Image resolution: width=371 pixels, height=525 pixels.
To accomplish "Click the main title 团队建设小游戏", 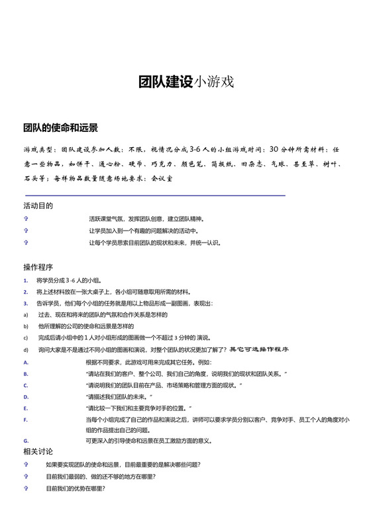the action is [185, 82].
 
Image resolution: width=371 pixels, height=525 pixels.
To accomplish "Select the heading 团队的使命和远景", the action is [60, 127].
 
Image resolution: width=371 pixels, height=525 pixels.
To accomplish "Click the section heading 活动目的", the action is [38, 205].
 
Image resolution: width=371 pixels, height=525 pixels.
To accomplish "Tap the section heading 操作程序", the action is [38, 267].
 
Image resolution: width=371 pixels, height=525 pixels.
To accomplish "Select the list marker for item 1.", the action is [25, 281].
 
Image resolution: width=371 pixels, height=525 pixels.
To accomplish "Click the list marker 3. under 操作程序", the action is [25, 304].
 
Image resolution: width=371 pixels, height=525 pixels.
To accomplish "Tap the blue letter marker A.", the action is [25, 363].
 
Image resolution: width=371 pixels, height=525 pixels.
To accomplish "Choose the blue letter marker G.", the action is [25, 441].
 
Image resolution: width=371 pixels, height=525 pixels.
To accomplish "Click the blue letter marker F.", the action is [25, 420].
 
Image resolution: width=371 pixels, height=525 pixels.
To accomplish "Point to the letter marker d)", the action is [25, 349].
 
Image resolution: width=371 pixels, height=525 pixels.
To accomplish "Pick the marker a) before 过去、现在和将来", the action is [25, 315].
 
